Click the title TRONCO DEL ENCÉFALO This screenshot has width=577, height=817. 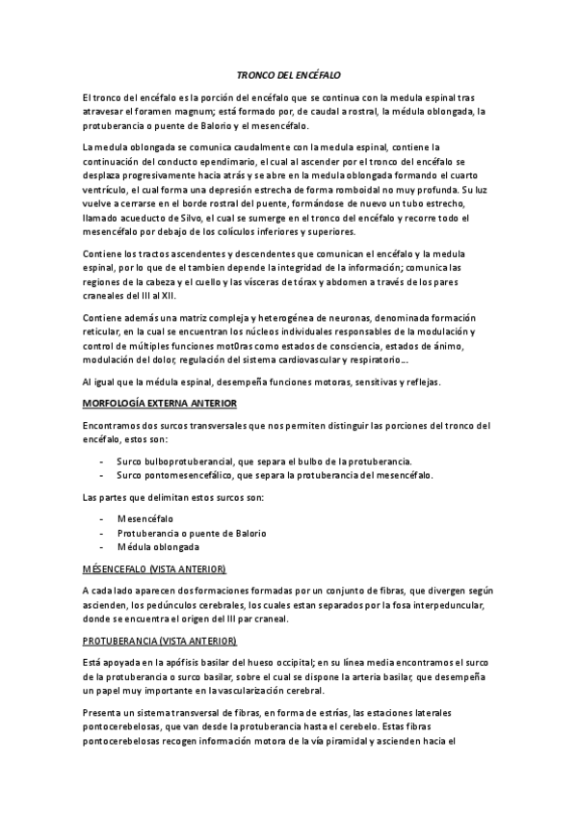(288, 74)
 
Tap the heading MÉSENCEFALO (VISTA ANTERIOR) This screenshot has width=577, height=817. (155, 568)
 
